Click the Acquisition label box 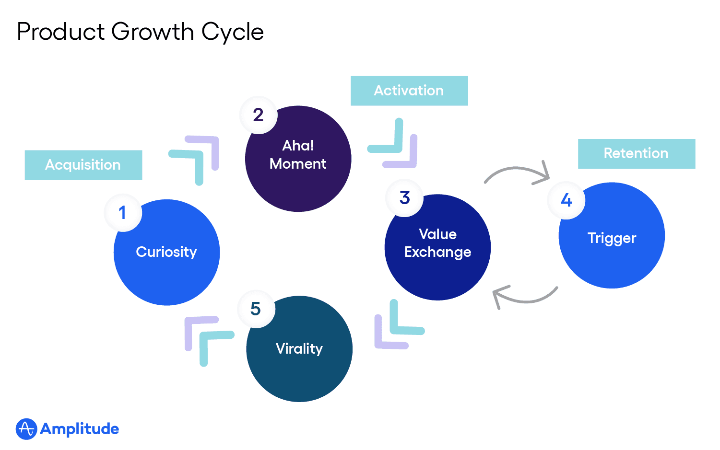tap(83, 165)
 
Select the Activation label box tap(409, 91)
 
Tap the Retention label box tap(636, 153)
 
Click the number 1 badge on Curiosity tap(123, 213)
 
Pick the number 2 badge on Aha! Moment tap(259, 115)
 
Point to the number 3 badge tap(405, 197)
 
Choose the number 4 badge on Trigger tap(567, 200)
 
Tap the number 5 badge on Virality tap(256, 309)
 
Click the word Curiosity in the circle tap(166, 252)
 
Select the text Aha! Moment tap(298, 155)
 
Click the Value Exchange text tap(437, 243)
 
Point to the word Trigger tap(612, 238)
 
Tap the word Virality tap(299, 348)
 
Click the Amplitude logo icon tap(26, 429)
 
